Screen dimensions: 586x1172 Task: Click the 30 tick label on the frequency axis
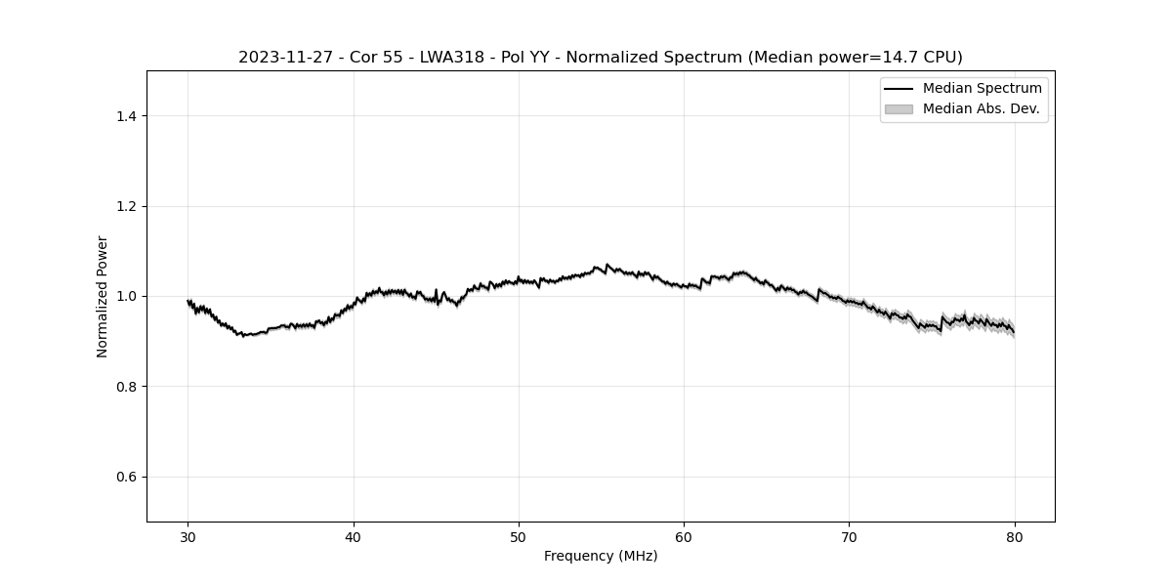click(x=188, y=536)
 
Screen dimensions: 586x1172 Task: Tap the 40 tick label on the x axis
click(x=354, y=536)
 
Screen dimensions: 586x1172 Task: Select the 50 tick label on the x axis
click(x=519, y=536)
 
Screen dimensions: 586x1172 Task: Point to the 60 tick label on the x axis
click(x=684, y=536)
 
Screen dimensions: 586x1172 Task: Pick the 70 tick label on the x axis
click(x=849, y=536)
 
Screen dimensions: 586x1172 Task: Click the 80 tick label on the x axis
click(x=1015, y=536)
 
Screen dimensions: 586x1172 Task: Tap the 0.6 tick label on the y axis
click(x=126, y=477)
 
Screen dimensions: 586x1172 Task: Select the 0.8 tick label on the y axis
click(x=126, y=387)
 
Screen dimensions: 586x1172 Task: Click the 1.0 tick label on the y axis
click(x=126, y=296)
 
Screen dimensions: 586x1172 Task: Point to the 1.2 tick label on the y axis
click(x=126, y=206)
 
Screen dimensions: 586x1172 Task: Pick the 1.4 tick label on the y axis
click(x=126, y=116)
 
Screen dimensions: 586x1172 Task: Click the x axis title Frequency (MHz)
click(x=601, y=556)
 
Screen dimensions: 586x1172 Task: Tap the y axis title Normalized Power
click(x=103, y=296)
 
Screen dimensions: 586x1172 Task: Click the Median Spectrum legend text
click(x=982, y=89)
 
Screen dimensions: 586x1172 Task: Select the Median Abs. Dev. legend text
click(x=981, y=109)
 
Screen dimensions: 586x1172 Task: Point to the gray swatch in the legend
click(x=899, y=109)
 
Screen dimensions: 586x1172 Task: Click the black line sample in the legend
click(x=899, y=89)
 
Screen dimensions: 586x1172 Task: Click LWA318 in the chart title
click(x=452, y=58)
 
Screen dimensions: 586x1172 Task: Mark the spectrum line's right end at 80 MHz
click(x=1014, y=333)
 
